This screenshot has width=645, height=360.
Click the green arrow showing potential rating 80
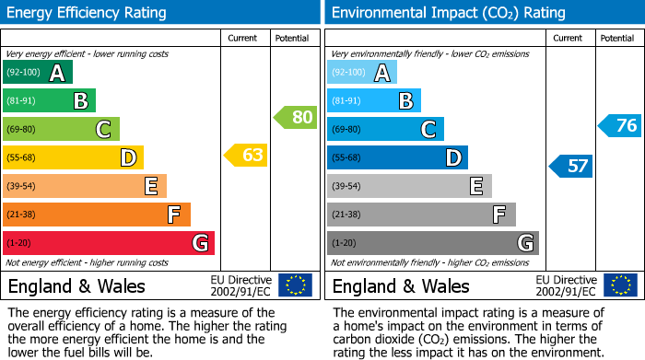[295, 117]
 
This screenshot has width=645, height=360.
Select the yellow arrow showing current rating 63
[246, 155]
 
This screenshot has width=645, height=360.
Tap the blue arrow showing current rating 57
[571, 166]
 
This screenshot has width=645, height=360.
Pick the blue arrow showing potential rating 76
[619, 126]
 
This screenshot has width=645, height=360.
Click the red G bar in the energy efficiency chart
[109, 243]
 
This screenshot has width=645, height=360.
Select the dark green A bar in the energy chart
[38, 72]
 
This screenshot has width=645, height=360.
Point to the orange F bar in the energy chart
[97, 215]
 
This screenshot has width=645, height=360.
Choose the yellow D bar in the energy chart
[73, 157]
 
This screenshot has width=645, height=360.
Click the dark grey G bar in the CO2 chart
[433, 243]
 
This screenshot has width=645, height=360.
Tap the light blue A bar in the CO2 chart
[362, 72]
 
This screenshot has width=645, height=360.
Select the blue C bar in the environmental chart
[385, 129]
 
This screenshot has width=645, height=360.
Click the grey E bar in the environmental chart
[409, 186]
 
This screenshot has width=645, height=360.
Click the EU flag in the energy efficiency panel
[295, 285]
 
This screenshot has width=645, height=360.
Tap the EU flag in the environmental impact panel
[619, 285]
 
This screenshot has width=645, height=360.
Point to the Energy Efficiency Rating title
[88, 13]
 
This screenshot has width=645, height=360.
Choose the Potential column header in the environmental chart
[616, 38]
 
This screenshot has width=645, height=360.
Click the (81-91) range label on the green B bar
[22, 100]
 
